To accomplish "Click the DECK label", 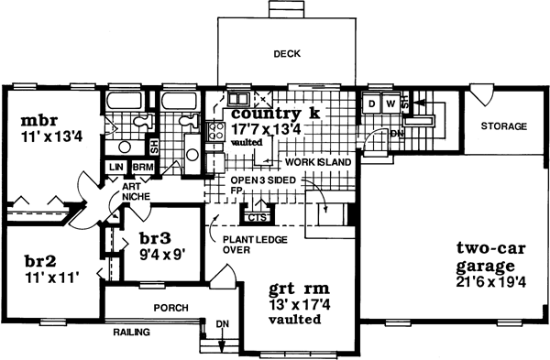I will click(288, 55).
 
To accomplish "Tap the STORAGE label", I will click(505, 125).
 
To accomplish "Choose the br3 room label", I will click(157, 236).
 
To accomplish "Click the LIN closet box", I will click(116, 168).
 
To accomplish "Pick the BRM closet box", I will click(142, 168).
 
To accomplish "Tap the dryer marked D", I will click(373, 104).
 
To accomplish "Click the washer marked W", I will click(390, 104).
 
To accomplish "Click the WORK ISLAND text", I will click(312, 161).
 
